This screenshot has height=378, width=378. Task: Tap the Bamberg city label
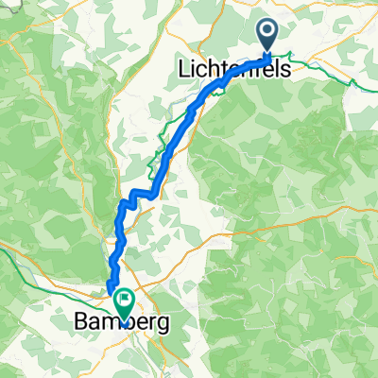[124, 323]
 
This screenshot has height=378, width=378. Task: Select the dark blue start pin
[267, 36]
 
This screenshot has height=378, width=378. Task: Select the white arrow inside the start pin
[267, 34]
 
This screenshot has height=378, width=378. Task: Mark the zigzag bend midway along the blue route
[138, 195]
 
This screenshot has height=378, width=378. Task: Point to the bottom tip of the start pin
[267, 52]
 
